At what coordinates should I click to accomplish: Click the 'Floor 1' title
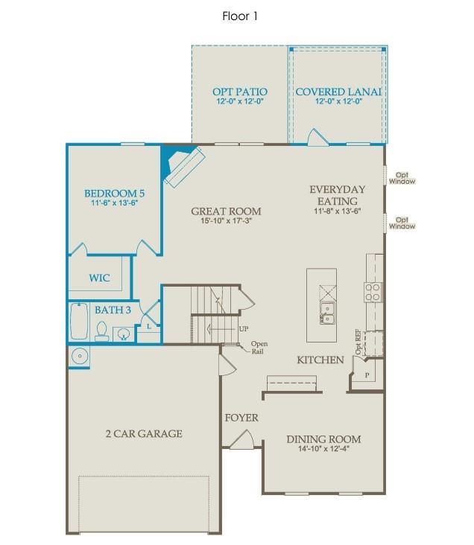pos(240,15)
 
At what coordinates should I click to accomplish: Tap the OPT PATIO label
pos(239,92)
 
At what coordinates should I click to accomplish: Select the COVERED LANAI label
pos(338,92)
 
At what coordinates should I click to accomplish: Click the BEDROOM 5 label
pos(114,193)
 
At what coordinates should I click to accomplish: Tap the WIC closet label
pos(100,278)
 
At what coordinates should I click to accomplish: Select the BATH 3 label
pos(113,310)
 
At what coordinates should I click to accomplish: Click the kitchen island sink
pos(326,311)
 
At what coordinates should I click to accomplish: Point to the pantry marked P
pos(366,373)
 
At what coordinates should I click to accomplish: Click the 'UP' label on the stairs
pos(243,329)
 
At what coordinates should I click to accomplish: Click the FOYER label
pos(241,418)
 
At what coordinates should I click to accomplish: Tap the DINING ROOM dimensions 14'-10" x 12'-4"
pos(324,449)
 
